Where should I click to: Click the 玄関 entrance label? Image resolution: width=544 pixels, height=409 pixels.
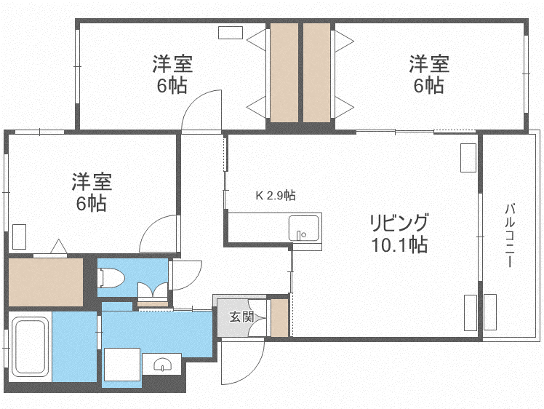tap(241, 317)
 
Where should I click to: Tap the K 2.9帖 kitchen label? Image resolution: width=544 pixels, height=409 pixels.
tap(276, 196)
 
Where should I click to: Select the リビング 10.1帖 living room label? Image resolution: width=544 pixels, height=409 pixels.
tap(399, 234)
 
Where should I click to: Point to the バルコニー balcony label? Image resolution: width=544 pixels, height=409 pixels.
tap(510, 236)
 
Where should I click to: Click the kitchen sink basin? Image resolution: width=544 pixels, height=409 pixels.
tap(304, 228)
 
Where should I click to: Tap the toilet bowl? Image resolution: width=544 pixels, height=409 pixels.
tap(111, 278)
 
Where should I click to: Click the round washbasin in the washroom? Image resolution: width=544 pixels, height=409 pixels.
tap(162, 365)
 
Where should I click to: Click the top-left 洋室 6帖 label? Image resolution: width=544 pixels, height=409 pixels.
tap(172, 74)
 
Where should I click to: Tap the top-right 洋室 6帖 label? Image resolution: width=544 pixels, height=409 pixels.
tap(429, 74)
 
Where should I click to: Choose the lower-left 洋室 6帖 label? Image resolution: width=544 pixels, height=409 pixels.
tap(92, 191)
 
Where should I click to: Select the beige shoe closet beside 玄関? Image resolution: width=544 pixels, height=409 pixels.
tap(279, 317)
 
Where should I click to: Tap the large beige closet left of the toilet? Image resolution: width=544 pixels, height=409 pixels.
tap(45, 282)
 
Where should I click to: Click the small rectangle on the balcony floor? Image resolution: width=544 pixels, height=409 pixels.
tap(490, 312)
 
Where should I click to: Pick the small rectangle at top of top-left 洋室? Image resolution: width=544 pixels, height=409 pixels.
tap(231, 33)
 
